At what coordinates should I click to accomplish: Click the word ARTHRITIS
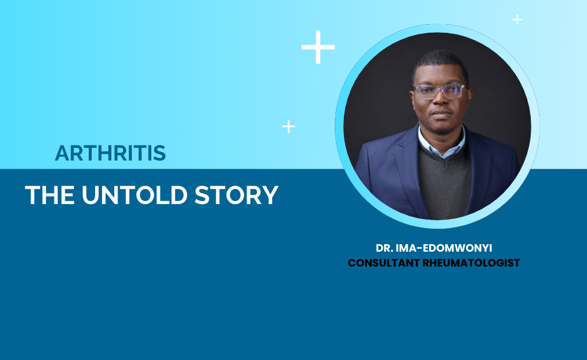click(111, 153)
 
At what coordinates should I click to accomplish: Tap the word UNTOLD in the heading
click(134, 195)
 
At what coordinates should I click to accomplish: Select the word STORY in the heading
click(237, 195)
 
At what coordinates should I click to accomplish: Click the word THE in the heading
click(49, 195)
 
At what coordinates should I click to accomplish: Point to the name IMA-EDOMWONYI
click(444, 248)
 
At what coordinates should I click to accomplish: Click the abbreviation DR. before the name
click(384, 248)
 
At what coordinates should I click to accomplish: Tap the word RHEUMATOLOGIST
click(471, 263)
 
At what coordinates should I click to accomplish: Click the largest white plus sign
click(318, 47)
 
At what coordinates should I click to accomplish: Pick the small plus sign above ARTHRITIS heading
click(289, 127)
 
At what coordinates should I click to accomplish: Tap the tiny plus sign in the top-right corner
click(518, 19)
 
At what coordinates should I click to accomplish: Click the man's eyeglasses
click(440, 91)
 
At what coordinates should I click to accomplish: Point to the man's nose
click(441, 101)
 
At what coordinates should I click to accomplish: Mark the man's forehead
click(440, 75)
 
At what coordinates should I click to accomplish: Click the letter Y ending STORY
click(271, 195)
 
